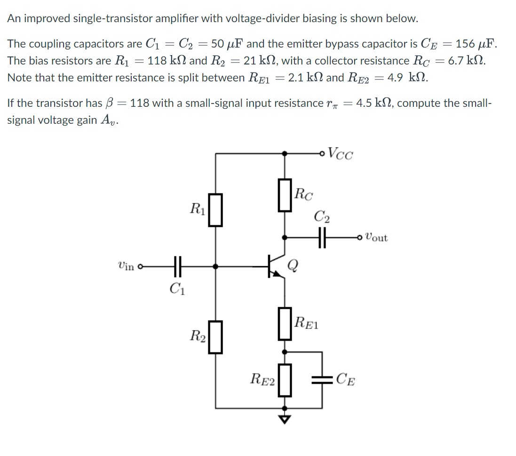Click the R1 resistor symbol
[215, 209]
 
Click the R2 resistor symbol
[215, 336]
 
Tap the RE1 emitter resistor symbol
[284, 323]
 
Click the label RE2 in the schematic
[262, 379]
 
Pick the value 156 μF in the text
[475, 44]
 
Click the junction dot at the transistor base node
[215, 266]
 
